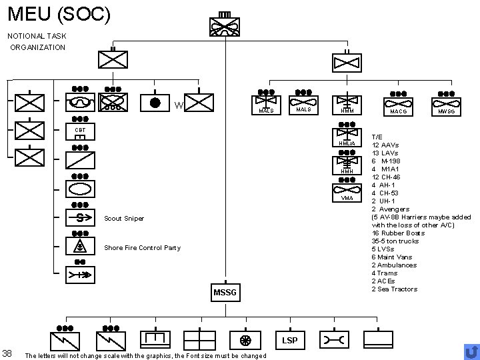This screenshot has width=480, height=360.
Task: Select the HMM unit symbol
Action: click(347, 103)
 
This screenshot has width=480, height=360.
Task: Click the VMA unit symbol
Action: click(347, 190)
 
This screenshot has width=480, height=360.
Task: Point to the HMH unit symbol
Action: click(347, 163)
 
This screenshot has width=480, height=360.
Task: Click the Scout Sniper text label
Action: click(125, 219)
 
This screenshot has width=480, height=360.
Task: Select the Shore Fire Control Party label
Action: click(143, 248)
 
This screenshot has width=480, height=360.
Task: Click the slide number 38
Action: click(7, 353)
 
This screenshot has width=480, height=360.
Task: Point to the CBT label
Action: click(80, 130)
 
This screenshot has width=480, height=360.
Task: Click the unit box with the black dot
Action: click(155, 103)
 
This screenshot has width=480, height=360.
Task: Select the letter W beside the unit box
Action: click(178, 106)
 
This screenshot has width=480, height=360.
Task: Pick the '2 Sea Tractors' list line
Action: click(395, 289)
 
